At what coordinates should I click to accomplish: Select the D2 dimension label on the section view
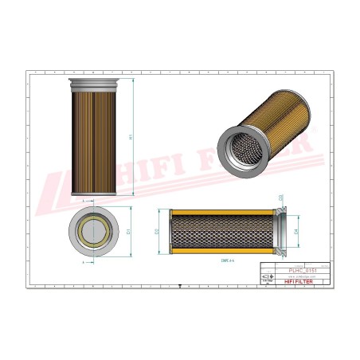point(157,232)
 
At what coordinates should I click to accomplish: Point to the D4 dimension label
point(295,233)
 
